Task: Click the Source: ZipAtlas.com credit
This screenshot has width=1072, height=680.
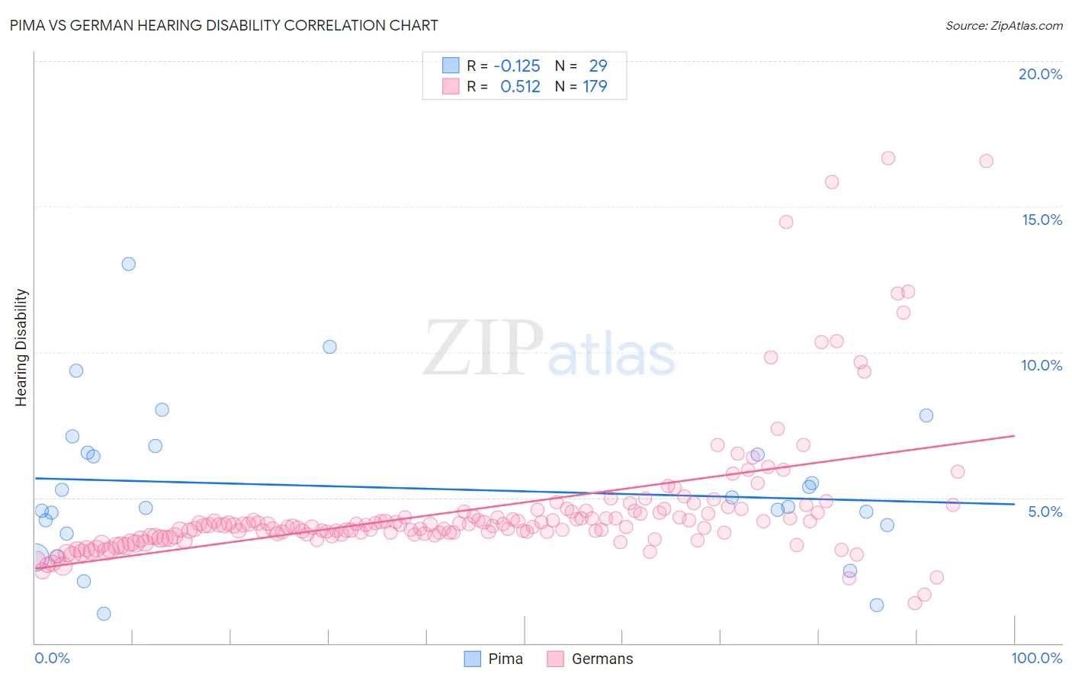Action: [x=1003, y=25]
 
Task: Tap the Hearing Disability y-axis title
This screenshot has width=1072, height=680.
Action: [x=21, y=348]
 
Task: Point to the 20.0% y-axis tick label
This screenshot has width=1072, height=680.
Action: [x=1040, y=74]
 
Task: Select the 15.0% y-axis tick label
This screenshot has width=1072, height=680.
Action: [x=1042, y=220]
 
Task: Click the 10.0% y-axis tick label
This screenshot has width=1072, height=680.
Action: [x=1042, y=365]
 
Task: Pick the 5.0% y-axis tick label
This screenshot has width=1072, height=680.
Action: [x=1045, y=512]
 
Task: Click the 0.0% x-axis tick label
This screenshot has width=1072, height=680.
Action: [x=52, y=658]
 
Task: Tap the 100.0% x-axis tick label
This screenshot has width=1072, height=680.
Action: [x=1036, y=658]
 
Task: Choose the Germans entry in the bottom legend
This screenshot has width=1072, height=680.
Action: [x=590, y=659]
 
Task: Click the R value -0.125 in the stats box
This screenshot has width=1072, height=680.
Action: [x=516, y=66]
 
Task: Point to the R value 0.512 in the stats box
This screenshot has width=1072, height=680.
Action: [x=520, y=87]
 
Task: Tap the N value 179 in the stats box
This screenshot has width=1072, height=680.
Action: [x=595, y=87]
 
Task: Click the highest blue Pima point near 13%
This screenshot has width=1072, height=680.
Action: [x=129, y=264]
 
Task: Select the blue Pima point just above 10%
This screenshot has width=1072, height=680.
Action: [x=329, y=347]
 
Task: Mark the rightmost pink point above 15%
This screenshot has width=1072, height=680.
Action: [x=986, y=161]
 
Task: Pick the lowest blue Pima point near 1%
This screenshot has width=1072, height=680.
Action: [x=104, y=614]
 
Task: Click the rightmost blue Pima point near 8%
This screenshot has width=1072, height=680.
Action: [x=926, y=415]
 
